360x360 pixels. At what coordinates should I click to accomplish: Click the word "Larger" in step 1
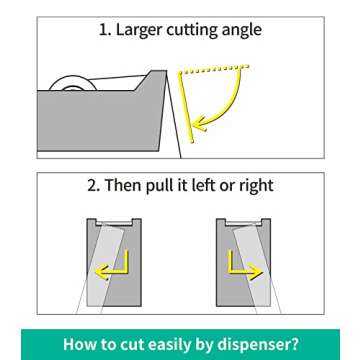139,31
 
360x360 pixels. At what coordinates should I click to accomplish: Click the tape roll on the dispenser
73,83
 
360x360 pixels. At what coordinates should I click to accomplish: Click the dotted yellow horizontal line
214,69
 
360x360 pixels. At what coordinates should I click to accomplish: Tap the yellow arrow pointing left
112,265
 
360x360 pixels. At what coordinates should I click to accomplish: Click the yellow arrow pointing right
246,265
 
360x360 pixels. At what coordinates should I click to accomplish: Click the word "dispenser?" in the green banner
257,344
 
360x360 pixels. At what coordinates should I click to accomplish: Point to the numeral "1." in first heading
105,30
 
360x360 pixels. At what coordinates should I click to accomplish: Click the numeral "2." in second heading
94,185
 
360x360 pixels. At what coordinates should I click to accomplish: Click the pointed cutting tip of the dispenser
166,71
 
